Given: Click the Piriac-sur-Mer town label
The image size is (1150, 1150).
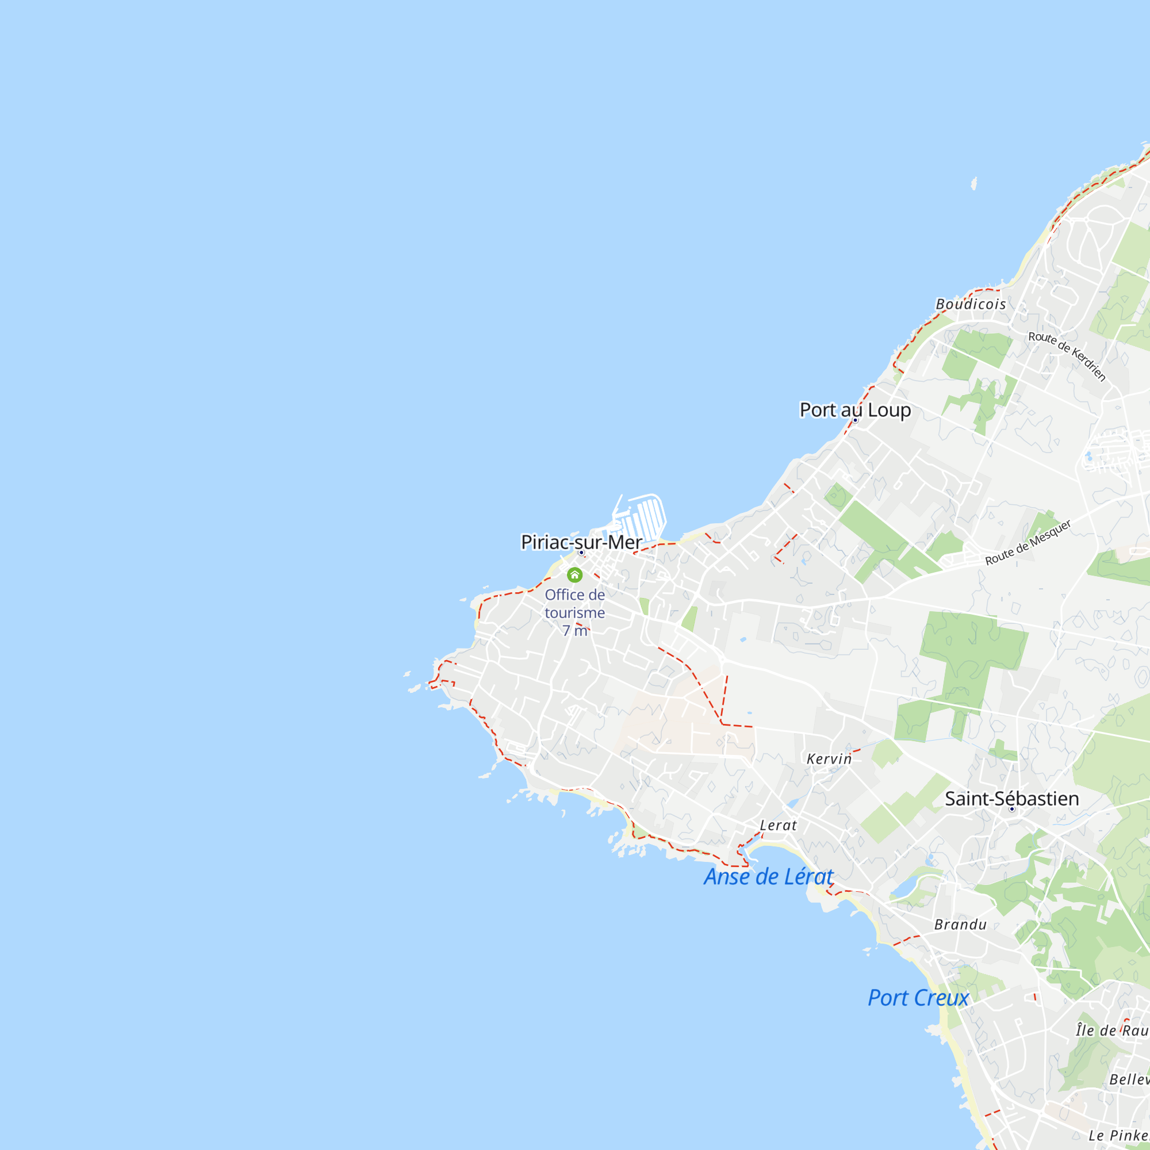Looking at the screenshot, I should (x=581, y=542).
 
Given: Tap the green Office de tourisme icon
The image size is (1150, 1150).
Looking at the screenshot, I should (x=574, y=574).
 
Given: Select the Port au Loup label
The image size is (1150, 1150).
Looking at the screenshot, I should (x=855, y=409).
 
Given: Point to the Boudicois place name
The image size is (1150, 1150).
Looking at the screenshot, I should (x=971, y=304).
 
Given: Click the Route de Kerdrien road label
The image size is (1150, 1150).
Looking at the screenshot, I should (x=1067, y=356).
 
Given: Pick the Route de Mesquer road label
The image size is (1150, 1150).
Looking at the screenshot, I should (x=1028, y=542).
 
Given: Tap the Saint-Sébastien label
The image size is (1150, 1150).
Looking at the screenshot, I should (x=1012, y=798).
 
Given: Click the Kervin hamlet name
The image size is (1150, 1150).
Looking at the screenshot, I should (x=829, y=759).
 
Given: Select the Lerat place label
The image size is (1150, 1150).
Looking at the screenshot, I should (x=778, y=826).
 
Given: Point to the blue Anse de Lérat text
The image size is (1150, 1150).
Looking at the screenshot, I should (x=768, y=877).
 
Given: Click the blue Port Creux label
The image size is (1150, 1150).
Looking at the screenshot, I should (x=918, y=998).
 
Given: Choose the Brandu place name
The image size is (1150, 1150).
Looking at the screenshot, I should (x=960, y=925).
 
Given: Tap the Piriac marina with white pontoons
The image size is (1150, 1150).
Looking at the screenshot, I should (x=643, y=517).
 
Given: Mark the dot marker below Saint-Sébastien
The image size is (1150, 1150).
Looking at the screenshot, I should (x=1011, y=809).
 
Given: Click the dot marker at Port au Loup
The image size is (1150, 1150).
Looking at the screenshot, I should (x=856, y=420).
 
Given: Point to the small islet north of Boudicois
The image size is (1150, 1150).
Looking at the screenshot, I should (x=974, y=183).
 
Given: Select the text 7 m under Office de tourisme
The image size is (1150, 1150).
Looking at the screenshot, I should (x=574, y=631).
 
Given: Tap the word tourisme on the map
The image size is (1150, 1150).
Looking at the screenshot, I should (x=574, y=612).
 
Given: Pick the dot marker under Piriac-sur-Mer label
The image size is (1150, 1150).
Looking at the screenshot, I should (x=581, y=553).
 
